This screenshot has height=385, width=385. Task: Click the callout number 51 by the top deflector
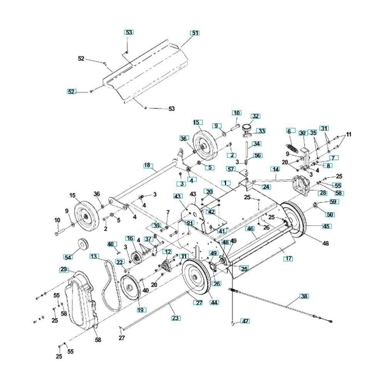pos(195,33)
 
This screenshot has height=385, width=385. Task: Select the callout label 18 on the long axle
pos(147,165)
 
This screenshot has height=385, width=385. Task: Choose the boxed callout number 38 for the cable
pos(305,296)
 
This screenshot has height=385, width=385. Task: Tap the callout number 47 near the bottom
pos(245,321)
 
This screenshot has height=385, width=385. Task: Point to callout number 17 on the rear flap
pos(288,259)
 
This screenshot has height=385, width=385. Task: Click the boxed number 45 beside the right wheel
pos(326,226)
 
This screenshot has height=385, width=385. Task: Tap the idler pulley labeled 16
pos(135,255)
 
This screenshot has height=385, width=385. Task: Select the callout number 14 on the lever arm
pos(275,169)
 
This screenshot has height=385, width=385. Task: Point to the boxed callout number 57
pos(241,169)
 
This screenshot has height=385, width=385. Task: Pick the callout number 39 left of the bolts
pos(156,225)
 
